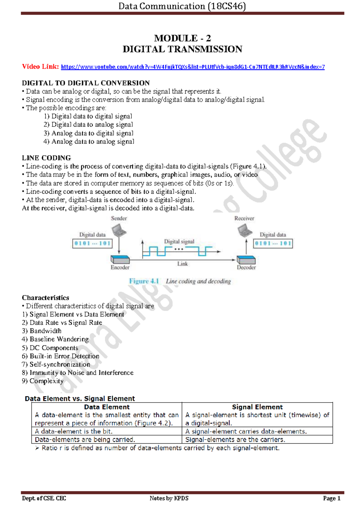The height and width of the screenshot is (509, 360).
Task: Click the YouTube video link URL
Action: [x=193, y=67]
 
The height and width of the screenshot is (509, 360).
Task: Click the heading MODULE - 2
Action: [x=182, y=38]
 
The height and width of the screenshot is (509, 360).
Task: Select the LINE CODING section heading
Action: [x=46, y=158]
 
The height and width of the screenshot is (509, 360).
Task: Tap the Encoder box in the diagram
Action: [x=120, y=260]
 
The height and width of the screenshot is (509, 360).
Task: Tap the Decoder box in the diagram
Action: [x=246, y=260]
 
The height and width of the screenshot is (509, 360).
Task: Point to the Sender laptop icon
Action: [x=119, y=231]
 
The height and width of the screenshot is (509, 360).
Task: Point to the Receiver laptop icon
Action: [x=244, y=231]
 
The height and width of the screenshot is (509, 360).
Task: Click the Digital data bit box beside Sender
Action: [x=92, y=243]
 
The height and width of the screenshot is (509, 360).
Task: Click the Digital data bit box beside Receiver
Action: [x=273, y=243]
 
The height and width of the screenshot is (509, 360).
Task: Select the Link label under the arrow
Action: [x=182, y=264]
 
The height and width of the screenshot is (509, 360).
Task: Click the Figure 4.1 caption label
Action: [x=144, y=281]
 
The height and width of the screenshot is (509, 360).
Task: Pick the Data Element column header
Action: [x=107, y=407]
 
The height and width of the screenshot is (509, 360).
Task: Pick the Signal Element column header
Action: [x=257, y=407]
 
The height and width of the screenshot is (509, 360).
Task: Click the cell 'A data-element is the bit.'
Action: [x=73, y=431]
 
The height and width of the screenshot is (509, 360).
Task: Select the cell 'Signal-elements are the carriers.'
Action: [x=235, y=440]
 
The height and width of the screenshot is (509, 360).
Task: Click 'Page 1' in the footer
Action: [x=331, y=499]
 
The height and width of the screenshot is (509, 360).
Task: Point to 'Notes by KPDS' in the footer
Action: [x=169, y=499]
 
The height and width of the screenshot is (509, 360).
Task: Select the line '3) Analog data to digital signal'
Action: [x=88, y=133]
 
